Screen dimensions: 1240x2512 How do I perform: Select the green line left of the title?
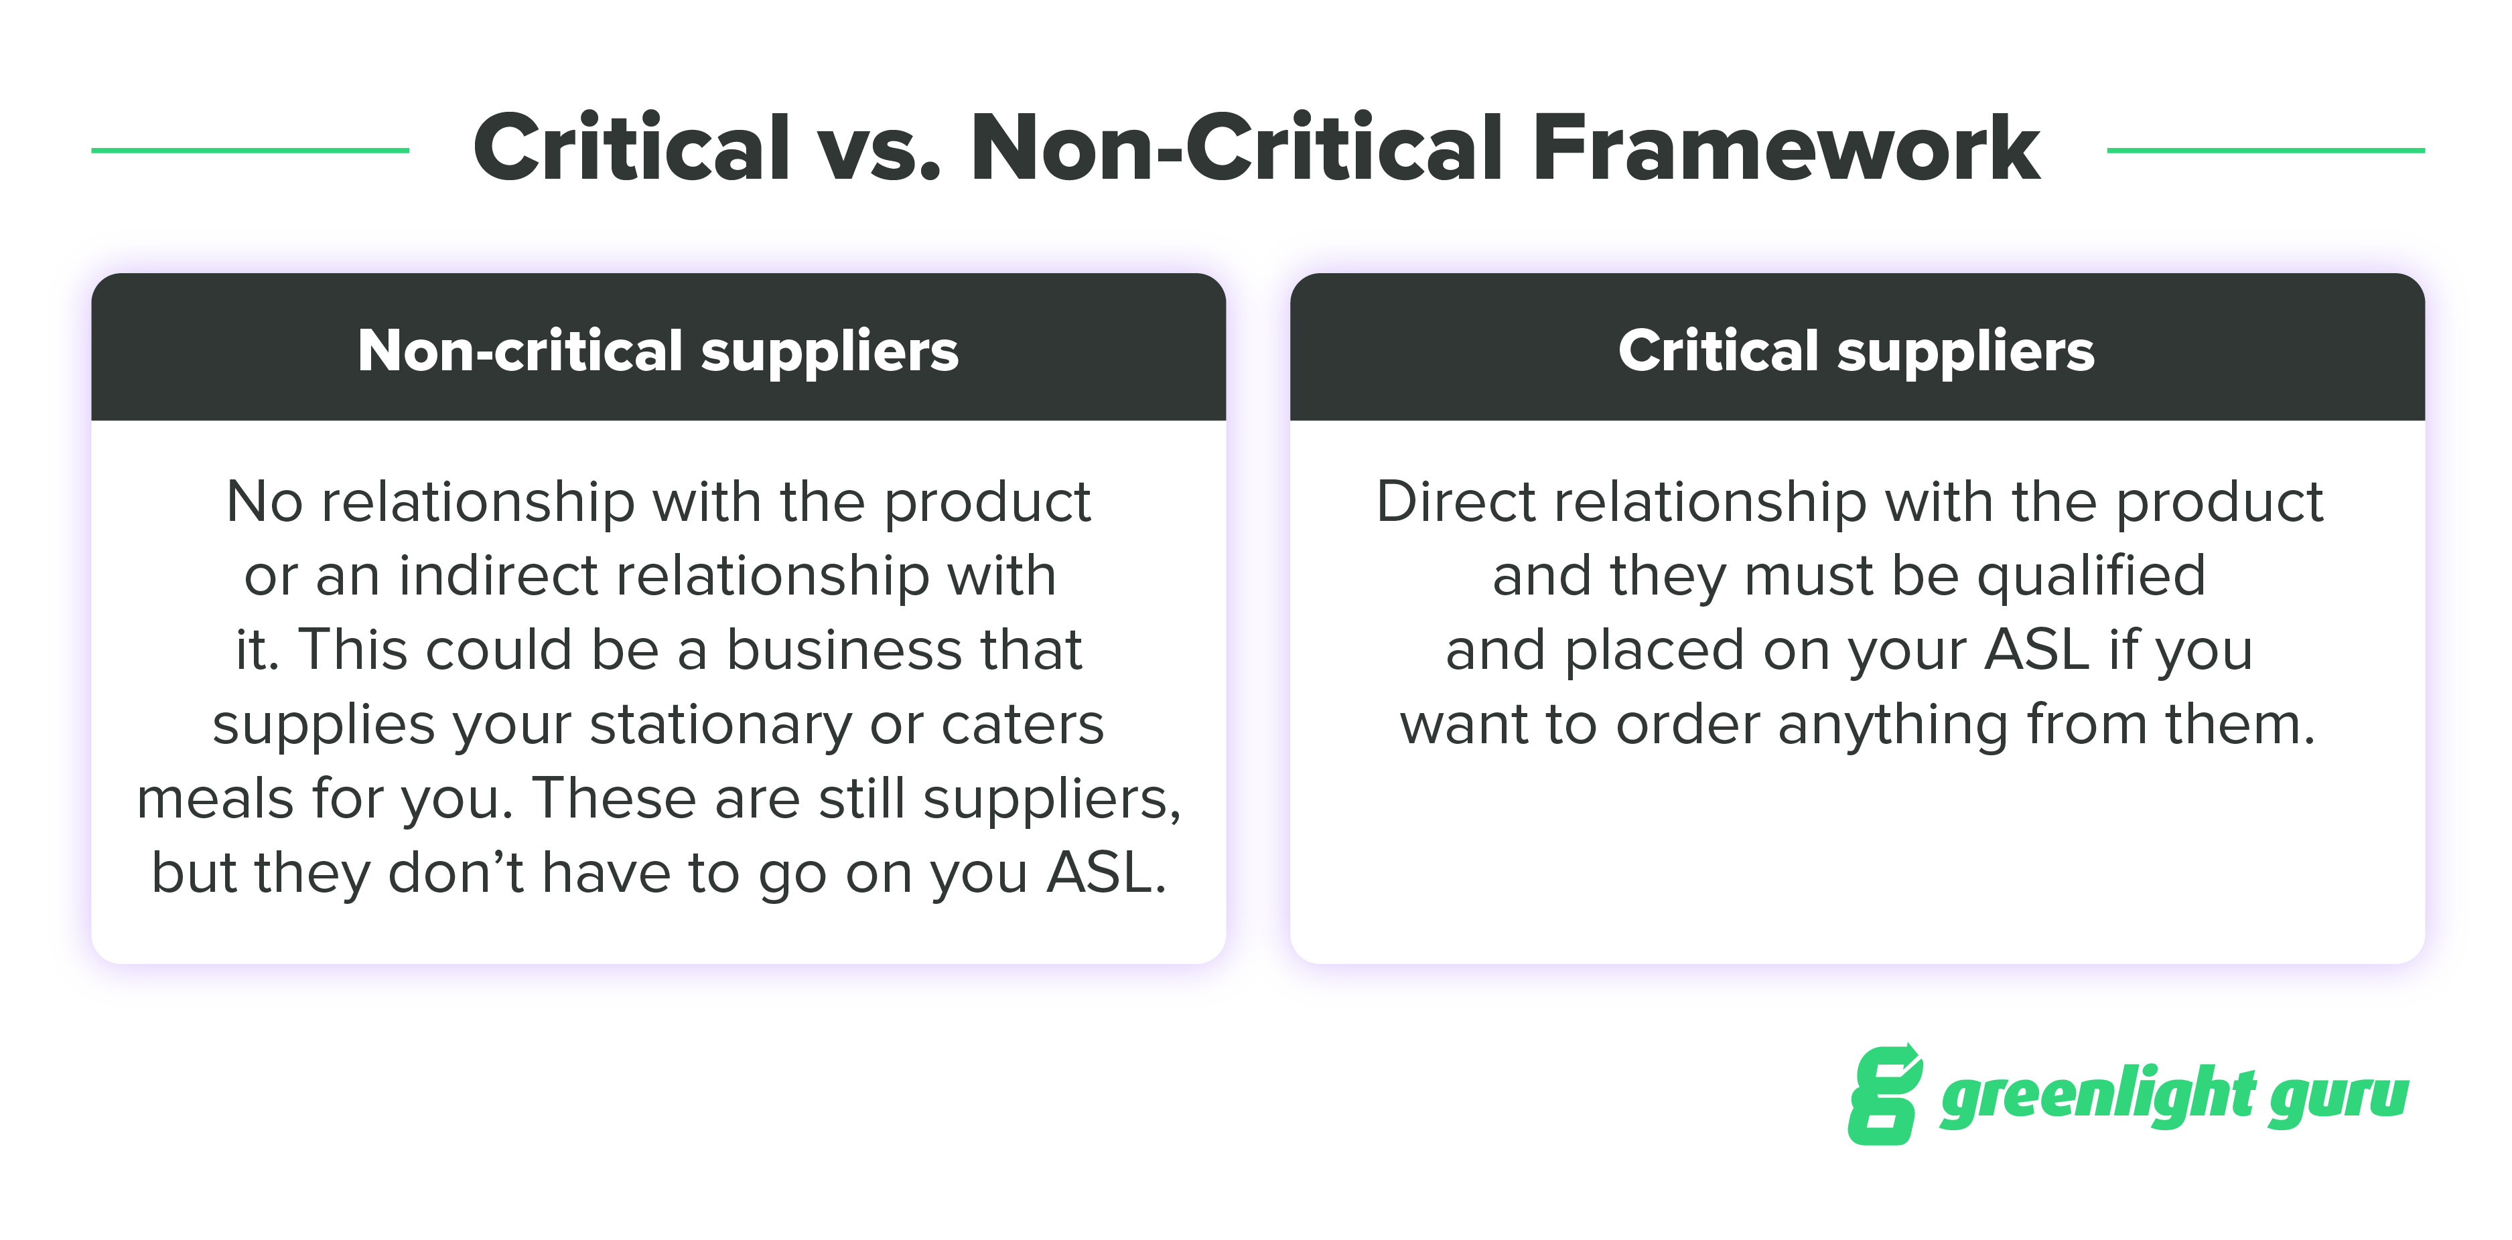pos(250,150)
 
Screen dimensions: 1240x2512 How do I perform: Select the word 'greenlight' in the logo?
pos(2097,1095)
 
